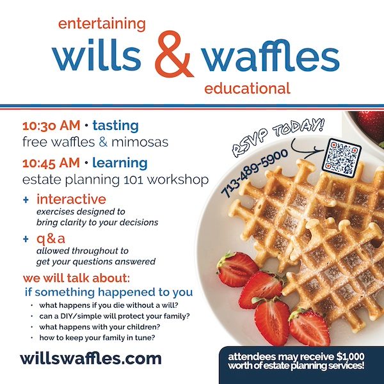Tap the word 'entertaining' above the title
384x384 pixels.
(x=102, y=25)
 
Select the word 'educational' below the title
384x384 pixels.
(x=247, y=88)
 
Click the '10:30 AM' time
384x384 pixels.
(x=51, y=126)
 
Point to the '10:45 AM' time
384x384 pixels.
(x=51, y=163)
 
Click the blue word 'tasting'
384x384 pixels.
(x=116, y=126)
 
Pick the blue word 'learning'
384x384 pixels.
(x=120, y=163)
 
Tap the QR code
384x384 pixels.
(x=341, y=157)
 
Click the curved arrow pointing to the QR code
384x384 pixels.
(x=306, y=149)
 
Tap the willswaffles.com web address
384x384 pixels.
(x=91, y=358)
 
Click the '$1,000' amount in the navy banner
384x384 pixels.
(x=351, y=356)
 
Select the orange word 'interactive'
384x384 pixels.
(x=71, y=199)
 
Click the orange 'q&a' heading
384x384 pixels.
(x=51, y=239)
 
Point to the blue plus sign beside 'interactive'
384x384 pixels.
(x=26, y=200)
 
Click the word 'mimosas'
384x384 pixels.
(x=140, y=142)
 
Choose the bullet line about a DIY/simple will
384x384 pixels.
(x=115, y=316)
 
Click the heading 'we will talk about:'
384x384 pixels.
(x=76, y=278)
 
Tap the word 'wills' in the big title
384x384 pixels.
(x=97, y=56)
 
